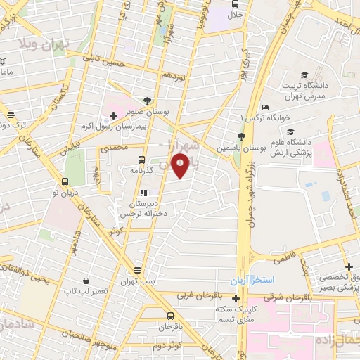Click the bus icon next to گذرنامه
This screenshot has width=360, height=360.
coord(143,160)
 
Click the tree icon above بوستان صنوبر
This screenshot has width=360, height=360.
coord(146,101)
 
